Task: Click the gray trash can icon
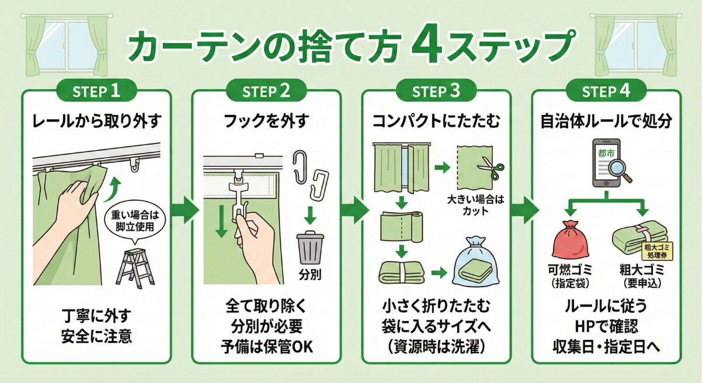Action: [x=310, y=248]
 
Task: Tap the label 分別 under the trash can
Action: [x=310, y=273]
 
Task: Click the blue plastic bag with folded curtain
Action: [x=476, y=261]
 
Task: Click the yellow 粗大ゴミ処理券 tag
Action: [x=657, y=252]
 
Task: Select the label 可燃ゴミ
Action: [x=570, y=271]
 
